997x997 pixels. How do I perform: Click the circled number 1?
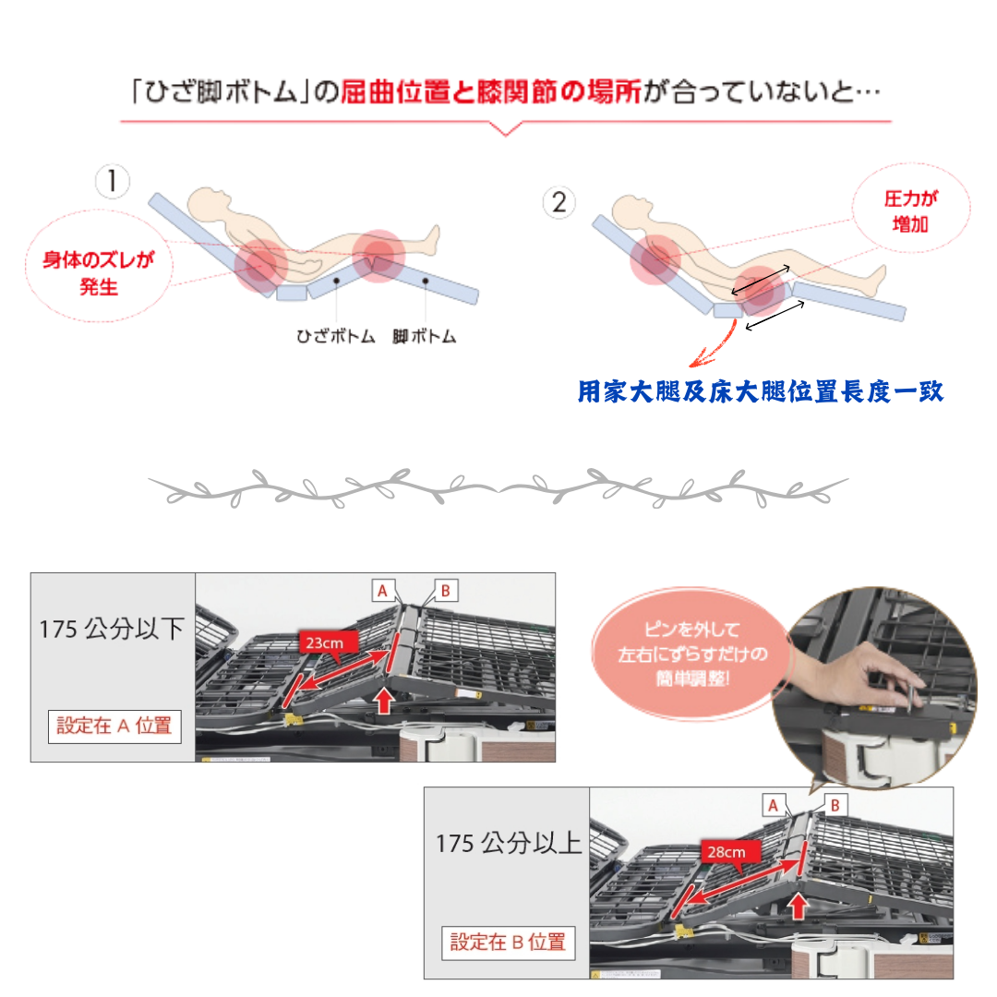[113, 181]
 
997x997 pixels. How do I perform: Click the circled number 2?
[559, 202]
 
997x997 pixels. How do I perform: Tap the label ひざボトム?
[336, 336]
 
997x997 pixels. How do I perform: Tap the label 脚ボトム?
[424, 336]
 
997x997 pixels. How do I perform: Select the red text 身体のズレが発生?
[99, 272]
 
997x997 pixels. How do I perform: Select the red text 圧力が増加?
[910, 211]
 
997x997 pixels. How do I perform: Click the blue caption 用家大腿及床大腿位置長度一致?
[761, 391]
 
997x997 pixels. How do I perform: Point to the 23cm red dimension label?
[324, 643]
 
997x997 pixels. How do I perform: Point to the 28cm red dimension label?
[727, 852]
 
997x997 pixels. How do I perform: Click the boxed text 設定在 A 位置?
[114, 727]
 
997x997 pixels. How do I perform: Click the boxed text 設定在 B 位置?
[508, 943]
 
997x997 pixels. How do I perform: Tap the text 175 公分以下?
[112, 630]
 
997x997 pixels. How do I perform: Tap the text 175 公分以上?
[509, 844]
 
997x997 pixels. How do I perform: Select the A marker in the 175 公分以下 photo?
[383, 591]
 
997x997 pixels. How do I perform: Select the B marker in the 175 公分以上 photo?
[835, 806]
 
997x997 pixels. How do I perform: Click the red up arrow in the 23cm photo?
[384, 701]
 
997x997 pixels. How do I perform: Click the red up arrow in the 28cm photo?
[798, 907]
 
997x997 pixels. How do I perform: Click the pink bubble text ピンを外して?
[691, 630]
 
